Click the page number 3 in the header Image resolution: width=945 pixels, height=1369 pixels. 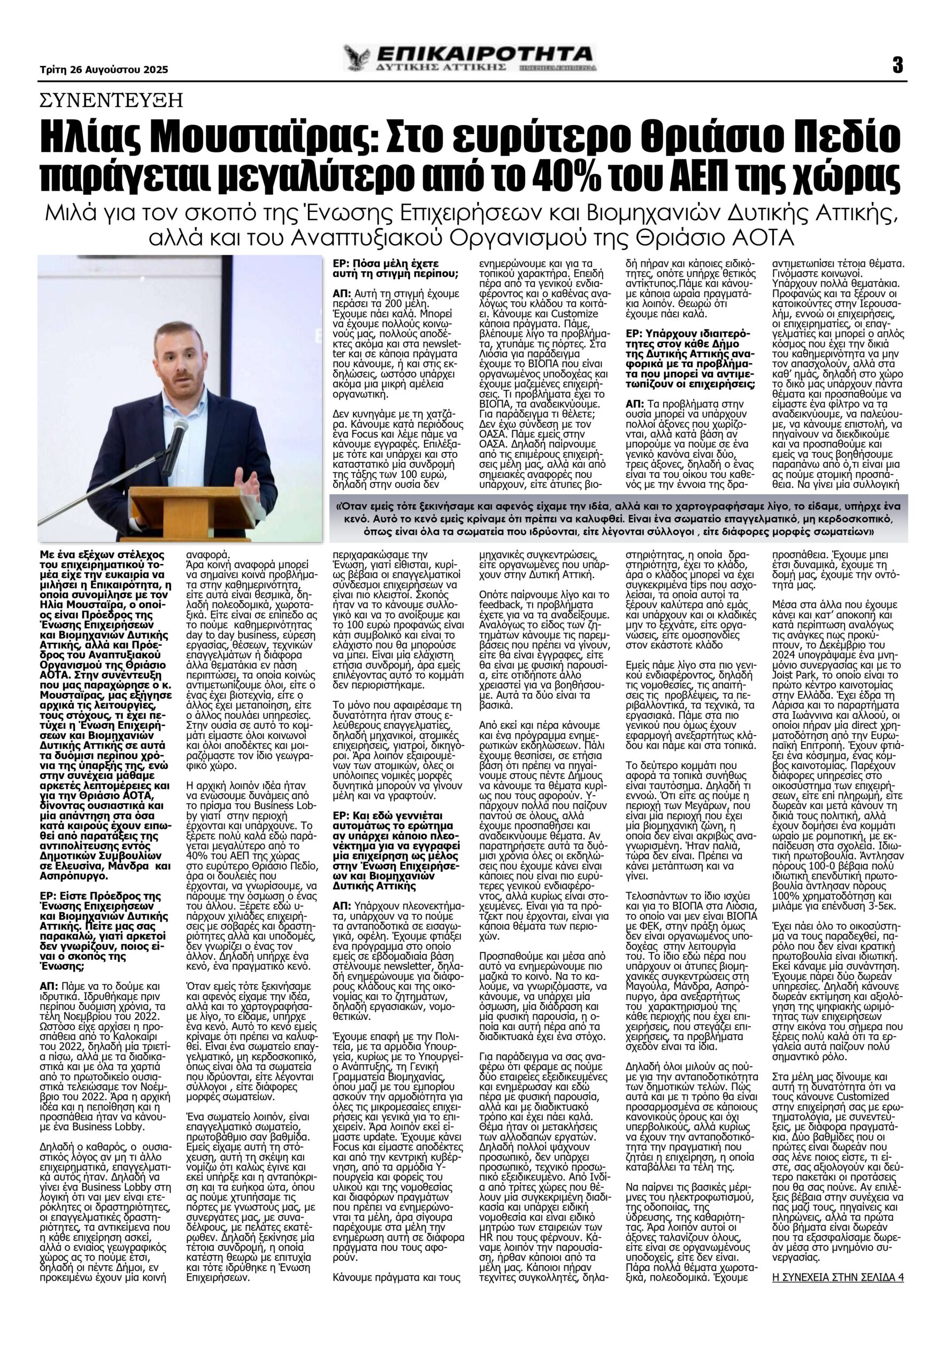pyautogui.click(x=897, y=65)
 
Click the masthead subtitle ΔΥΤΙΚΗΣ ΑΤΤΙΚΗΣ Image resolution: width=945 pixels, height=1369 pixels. pyautogui.click(x=444, y=68)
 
